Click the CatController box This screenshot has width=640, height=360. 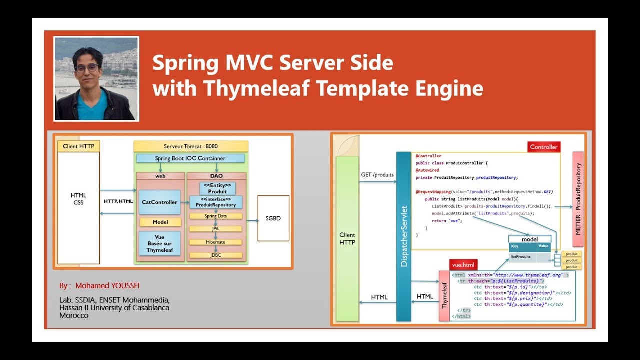coord(159,202)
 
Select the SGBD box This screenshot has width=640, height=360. coord(273,218)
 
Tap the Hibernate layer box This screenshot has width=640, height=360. coord(215,242)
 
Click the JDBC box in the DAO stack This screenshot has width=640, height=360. coord(215,255)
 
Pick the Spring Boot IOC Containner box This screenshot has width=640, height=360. coord(190,158)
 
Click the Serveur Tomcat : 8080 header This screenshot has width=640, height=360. coord(190,146)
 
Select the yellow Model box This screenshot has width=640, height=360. coord(160,222)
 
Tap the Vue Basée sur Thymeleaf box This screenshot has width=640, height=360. coord(160,243)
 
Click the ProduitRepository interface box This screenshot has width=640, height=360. coord(215,202)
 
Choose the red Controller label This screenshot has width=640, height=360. coord(544,147)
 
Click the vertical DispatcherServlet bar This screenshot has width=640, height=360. coord(403,237)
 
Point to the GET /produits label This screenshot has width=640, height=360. coord(377,175)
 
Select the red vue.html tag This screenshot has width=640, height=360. coord(463,265)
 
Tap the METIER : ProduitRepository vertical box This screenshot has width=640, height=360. coord(578,199)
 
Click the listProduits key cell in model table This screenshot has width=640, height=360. coord(521,257)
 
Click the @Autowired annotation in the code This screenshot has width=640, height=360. coord(427,170)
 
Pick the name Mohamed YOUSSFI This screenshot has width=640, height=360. coord(107,286)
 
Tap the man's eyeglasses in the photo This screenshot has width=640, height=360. coord(87,68)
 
